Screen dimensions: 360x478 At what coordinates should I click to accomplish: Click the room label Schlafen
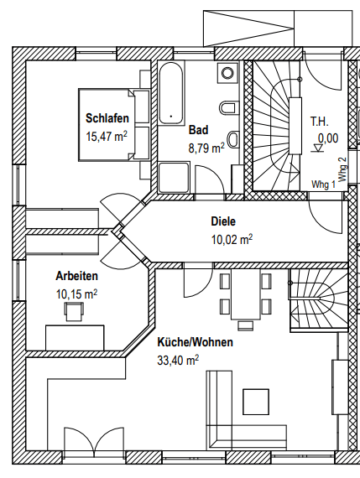(x=107, y=118)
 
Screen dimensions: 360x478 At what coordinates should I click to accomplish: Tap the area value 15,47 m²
(x=107, y=136)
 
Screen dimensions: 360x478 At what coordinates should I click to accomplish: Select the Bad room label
(x=199, y=130)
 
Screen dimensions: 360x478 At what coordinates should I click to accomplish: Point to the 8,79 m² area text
(x=206, y=148)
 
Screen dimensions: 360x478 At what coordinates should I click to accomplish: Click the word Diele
(x=223, y=221)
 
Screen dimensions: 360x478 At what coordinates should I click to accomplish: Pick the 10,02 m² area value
(x=232, y=240)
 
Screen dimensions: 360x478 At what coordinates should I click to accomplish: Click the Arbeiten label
(x=77, y=276)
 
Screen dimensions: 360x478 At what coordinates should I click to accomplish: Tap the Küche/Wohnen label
(x=195, y=342)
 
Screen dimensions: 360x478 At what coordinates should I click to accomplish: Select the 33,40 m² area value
(x=178, y=360)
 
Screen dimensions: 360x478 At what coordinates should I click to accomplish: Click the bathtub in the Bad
(x=171, y=93)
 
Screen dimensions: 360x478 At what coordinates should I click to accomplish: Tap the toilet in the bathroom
(x=227, y=108)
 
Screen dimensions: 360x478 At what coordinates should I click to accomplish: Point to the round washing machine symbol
(x=227, y=73)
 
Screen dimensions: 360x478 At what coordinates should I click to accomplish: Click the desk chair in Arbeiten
(x=74, y=312)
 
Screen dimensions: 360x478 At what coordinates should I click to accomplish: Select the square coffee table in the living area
(x=256, y=402)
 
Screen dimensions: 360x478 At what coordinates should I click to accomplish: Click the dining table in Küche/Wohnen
(x=246, y=294)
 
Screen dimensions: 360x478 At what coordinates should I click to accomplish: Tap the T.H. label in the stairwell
(x=320, y=122)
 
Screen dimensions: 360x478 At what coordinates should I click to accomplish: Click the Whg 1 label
(x=323, y=184)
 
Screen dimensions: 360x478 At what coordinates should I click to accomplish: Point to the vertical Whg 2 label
(x=342, y=169)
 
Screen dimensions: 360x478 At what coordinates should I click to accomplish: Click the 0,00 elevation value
(x=328, y=138)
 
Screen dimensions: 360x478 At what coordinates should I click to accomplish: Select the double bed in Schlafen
(x=114, y=125)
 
